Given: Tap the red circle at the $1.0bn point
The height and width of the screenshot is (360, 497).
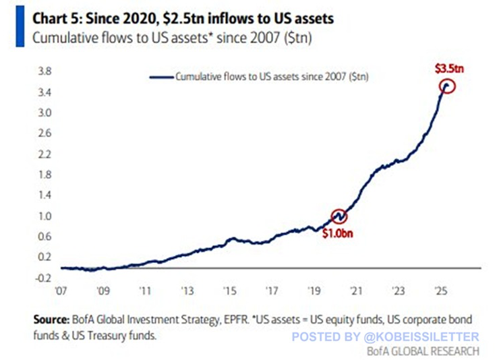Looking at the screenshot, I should point(339,216).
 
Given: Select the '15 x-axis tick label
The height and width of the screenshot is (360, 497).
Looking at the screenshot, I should point(229,293).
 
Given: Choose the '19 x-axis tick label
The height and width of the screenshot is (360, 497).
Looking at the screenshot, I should point(314,293).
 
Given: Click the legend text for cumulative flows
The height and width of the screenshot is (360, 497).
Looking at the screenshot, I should point(275,78).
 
